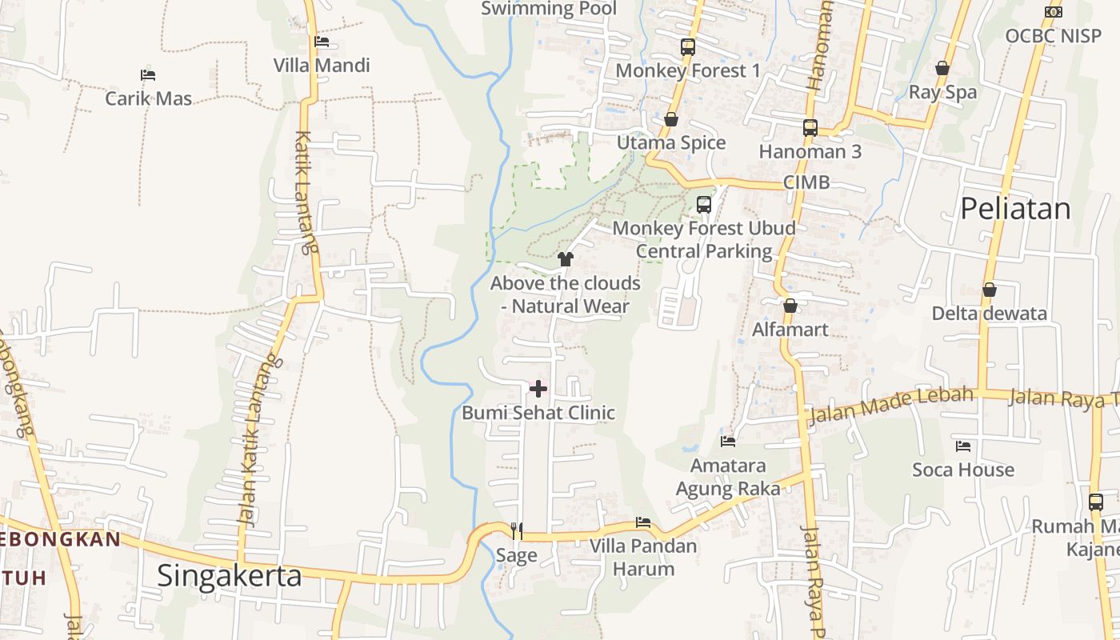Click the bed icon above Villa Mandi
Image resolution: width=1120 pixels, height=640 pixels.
[x=322, y=41]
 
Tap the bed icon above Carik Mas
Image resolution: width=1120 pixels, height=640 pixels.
[x=148, y=75]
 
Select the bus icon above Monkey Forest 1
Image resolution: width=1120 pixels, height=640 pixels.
[x=688, y=46]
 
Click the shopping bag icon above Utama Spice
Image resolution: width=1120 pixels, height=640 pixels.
[x=671, y=119]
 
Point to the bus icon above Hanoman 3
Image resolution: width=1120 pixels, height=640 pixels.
[x=810, y=127]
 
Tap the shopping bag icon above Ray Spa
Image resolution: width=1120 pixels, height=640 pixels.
[x=942, y=68]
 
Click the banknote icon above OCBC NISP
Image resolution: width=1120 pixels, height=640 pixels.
[x=1054, y=12]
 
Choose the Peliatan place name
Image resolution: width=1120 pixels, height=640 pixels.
[x=1015, y=209]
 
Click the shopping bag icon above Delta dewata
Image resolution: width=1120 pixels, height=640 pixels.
[x=990, y=290]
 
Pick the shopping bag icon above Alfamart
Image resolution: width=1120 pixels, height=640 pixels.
[x=790, y=306]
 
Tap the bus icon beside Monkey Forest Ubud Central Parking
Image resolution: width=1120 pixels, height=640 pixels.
[x=704, y=204]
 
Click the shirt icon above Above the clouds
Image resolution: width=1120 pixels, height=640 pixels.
[x=566, y=258]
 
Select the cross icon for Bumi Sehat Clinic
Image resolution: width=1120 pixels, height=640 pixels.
[x=538, y=389]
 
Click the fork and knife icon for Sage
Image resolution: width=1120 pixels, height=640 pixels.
[x=517, y=530]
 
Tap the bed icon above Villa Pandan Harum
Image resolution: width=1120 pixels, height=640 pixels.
[x=643, y=522]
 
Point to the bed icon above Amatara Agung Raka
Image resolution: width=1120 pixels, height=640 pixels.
[x=728, y=441]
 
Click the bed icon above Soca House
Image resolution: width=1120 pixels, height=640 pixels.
[x=963, y=446]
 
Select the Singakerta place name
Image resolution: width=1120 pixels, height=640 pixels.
[x=230, y=576]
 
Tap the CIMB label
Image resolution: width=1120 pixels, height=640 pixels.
[x=806, y=182]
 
